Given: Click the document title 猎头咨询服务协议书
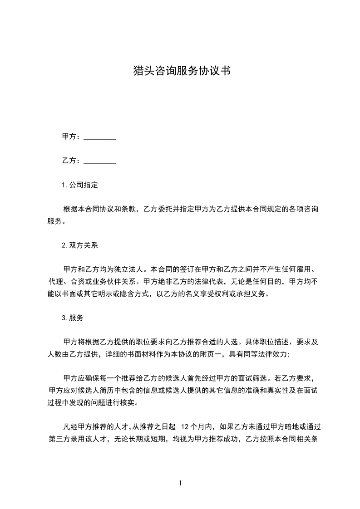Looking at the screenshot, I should (180, 71).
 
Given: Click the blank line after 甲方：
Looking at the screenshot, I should (100, 137).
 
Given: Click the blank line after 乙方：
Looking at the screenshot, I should (100, 161).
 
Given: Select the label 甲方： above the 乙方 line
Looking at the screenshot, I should (72, 137).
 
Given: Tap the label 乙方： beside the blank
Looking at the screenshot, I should (72, 161).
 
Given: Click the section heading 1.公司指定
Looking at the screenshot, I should (80, 185).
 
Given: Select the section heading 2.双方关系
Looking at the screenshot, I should (80, 245).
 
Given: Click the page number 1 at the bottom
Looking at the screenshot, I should (180, 483).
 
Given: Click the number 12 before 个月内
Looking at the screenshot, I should (185, 427).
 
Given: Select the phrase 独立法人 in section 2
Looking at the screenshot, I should (128, 270).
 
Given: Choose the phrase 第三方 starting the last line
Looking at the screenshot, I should (59, 439).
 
